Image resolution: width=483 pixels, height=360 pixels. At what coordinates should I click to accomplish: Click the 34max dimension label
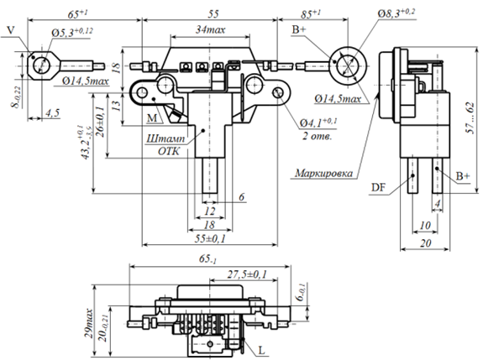[x=210, y=30]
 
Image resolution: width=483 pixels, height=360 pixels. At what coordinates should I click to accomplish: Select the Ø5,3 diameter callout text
[x=72, y=32]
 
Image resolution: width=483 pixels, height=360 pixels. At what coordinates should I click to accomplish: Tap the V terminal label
[x=10, y=30]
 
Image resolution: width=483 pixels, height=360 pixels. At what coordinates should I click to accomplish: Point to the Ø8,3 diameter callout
[x=396, y=13]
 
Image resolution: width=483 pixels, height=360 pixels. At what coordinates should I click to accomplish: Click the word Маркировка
[x=323, y=173]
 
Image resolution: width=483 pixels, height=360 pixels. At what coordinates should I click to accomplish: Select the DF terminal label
[x=378, y=187]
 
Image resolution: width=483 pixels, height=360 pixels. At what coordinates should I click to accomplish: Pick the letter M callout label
[x=152, y=117]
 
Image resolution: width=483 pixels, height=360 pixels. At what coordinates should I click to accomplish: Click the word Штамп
[x=165, y=138]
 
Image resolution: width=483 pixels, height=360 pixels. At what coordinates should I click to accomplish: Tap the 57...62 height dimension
[x=470, y=118]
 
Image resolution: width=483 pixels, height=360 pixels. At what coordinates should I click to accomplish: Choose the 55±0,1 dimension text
[x=210, y=238]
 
